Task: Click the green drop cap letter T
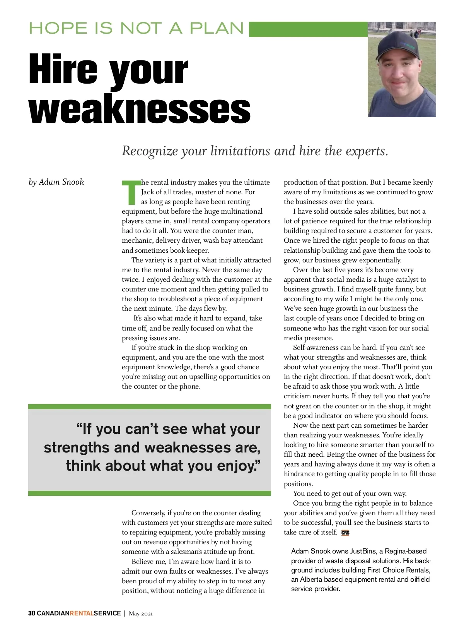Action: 131,192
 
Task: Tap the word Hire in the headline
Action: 63,70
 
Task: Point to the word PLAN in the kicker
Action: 217,29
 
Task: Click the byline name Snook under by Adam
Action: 72,182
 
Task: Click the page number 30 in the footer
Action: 32,613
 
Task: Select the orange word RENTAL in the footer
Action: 82,613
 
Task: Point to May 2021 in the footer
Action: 141,613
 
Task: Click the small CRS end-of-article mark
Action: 345,533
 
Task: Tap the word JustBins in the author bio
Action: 362,551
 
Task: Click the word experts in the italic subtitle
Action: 367,151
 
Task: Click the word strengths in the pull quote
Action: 77,448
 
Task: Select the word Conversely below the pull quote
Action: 148,513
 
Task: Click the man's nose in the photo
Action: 397,74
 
